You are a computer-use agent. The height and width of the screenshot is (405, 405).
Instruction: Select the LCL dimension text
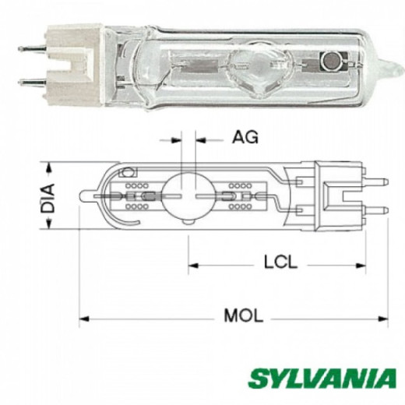(x=280, y=262)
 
